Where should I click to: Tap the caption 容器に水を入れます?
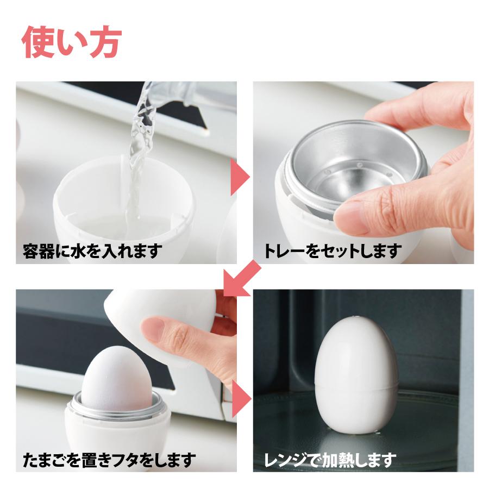click(x=93, y=252)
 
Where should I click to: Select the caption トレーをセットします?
click(x=333, y=252)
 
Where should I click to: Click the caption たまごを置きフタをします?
click(x=109, y=461)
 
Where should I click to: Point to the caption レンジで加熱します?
click(x=326, y=461)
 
